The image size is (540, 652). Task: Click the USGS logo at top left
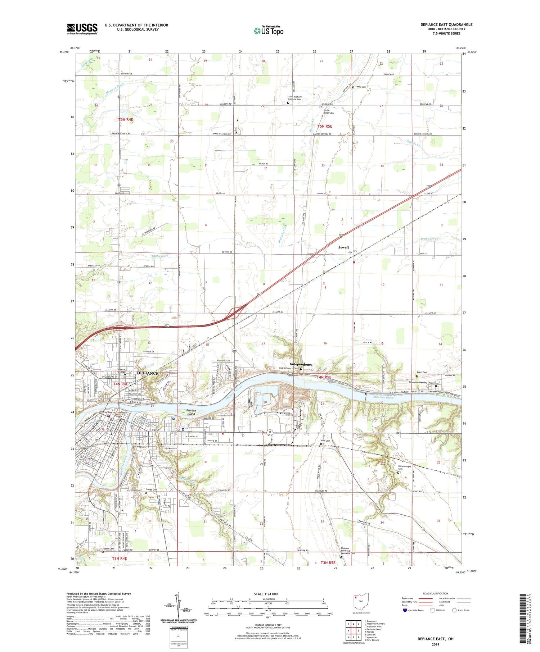82,29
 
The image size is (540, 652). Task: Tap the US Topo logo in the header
269,30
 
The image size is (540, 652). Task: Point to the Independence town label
301,364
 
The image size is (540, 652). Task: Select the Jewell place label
343,247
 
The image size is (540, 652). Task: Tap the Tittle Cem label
361,87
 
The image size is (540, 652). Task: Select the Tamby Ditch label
160,256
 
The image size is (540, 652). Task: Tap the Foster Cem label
108,549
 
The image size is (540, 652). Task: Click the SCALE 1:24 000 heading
266,594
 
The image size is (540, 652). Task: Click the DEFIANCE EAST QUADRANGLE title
446,24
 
